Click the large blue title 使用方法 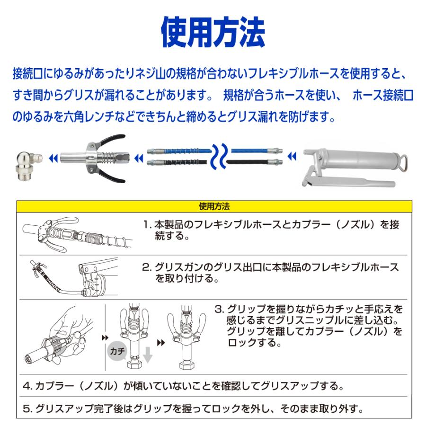coord(213,32)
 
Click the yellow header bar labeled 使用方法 coord(213,207)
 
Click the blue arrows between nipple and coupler coord(55,158)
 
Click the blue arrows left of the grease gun coord(292,156)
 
